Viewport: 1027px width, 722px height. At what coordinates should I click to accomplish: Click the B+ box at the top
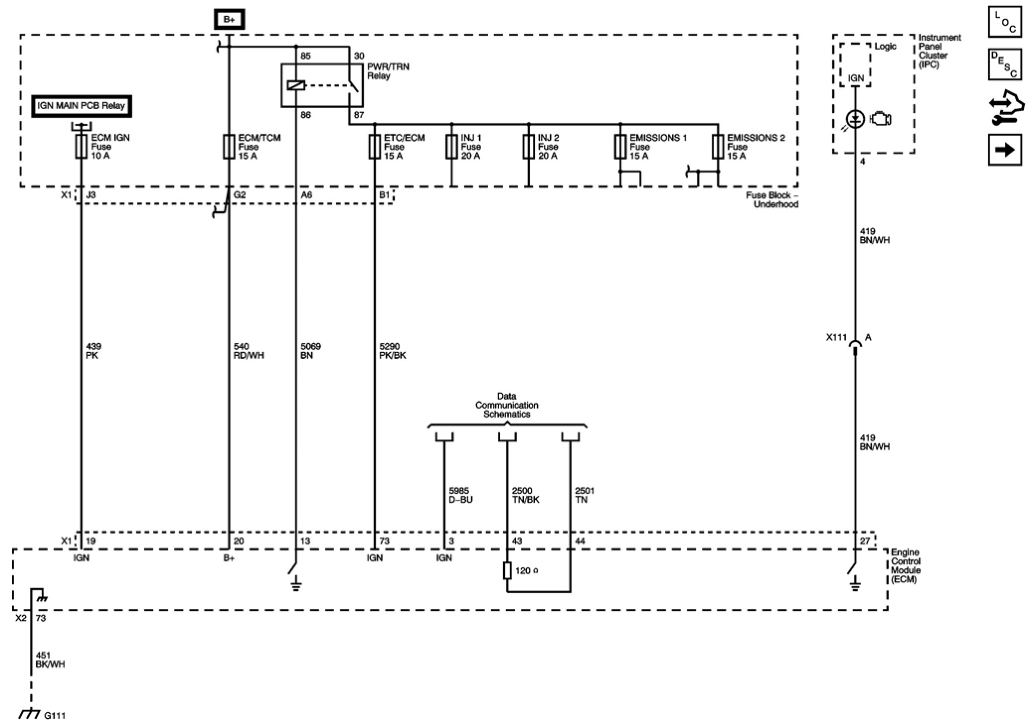tap(229, 20)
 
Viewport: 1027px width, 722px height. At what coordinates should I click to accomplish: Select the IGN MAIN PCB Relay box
tap(81, 106)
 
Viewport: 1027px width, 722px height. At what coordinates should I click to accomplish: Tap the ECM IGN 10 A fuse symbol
tap(81, 147)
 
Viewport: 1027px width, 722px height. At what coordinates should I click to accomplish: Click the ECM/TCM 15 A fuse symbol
tap(228, 147)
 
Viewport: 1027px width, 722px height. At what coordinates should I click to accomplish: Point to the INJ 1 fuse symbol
tap(451, 147)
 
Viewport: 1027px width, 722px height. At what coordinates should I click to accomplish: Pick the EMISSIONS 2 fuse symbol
tap(718, 147)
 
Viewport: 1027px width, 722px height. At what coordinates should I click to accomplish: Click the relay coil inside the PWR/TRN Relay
tap(295, 85)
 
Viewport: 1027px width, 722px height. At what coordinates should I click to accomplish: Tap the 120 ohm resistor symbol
tap(507, 571)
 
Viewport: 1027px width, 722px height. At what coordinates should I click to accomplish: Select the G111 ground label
tap(55, 716)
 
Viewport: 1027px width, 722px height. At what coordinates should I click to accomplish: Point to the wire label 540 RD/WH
tap(248, 351)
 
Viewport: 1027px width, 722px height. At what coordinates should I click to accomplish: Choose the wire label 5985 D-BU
tap(460, 495)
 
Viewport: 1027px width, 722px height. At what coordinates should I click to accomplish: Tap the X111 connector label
tap(836, 338)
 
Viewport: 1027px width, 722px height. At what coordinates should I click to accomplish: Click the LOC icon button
tap(1005, 22)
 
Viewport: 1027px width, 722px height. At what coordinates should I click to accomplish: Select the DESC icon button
tap(1005, 64)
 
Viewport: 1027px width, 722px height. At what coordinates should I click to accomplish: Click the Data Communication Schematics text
tap(507, 405)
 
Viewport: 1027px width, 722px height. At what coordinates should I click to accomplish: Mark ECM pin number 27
tap(865, 541)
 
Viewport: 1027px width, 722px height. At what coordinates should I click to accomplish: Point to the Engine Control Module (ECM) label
tap(905, 566)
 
